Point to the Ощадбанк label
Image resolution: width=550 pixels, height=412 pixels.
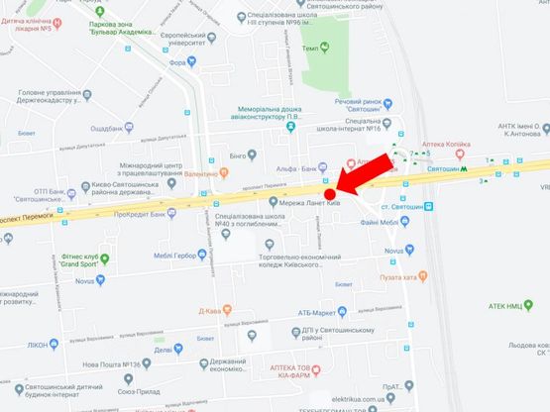105,128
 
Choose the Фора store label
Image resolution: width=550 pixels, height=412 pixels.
177,61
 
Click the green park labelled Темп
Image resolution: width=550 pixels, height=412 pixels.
337,48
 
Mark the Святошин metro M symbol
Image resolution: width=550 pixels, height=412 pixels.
466,169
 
